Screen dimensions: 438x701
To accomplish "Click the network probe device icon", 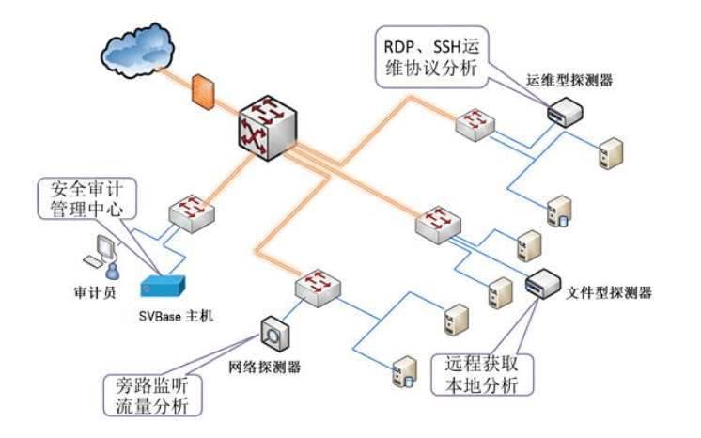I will (x=273, y=332).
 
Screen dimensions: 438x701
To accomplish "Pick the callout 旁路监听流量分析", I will (x=149, y=396).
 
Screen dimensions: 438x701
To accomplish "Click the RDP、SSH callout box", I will (x=429, y=54).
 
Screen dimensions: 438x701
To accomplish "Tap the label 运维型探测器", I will (x=569, y=81).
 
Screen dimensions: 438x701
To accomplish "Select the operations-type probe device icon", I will (x=565, y=113).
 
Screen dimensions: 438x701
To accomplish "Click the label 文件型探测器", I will (x=609, y=292).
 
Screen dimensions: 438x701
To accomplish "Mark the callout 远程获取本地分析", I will (x=482, y=373).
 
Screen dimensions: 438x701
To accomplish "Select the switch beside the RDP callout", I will (x=475, y=124).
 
